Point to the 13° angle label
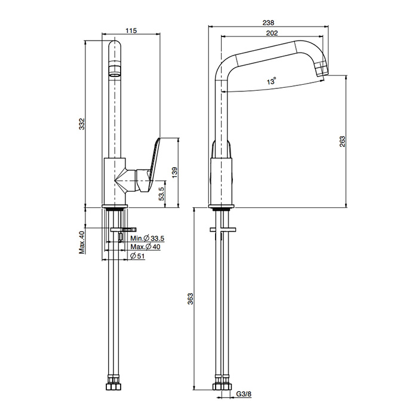coord(272,82)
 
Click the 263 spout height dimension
coord(342,141)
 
